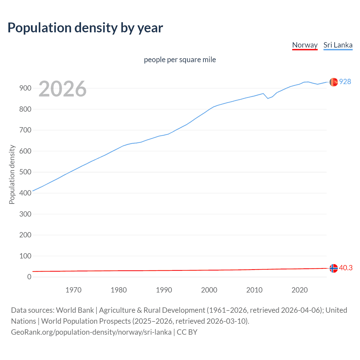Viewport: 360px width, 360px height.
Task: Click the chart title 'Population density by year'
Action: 85,28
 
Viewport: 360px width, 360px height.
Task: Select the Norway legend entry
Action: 305,45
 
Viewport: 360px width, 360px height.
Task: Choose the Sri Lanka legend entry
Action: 338,45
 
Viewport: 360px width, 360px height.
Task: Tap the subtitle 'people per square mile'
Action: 180,60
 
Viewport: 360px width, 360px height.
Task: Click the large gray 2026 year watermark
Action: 62,89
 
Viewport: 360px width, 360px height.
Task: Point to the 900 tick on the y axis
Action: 25,88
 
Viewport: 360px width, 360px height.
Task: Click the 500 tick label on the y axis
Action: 25,172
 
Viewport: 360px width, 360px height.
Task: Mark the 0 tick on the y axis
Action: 29,277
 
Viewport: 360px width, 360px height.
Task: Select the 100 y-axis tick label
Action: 25,256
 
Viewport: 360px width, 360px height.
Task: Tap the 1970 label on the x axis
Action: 73,290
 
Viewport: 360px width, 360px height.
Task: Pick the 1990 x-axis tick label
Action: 164,290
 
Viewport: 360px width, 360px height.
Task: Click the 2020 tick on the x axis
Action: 300,290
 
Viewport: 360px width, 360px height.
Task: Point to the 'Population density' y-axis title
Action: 12,174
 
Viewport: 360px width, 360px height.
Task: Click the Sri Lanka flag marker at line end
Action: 333,82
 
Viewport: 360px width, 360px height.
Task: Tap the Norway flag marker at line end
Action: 333,268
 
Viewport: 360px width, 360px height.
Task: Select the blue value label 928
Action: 345,82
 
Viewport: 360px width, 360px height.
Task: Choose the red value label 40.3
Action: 346,268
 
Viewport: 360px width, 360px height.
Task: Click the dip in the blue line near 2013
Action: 268,98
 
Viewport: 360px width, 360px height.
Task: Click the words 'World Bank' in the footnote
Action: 75,310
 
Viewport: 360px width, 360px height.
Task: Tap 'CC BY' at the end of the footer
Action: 187,332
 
